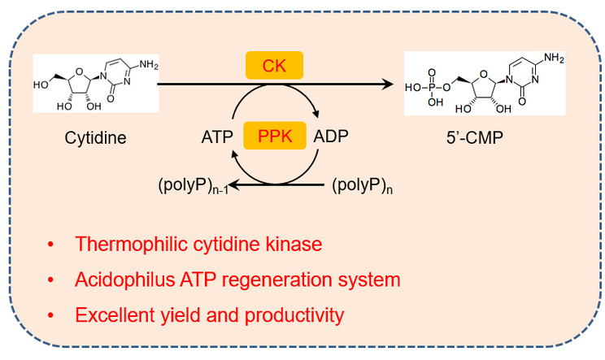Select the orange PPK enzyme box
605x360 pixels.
click(274, 137)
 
